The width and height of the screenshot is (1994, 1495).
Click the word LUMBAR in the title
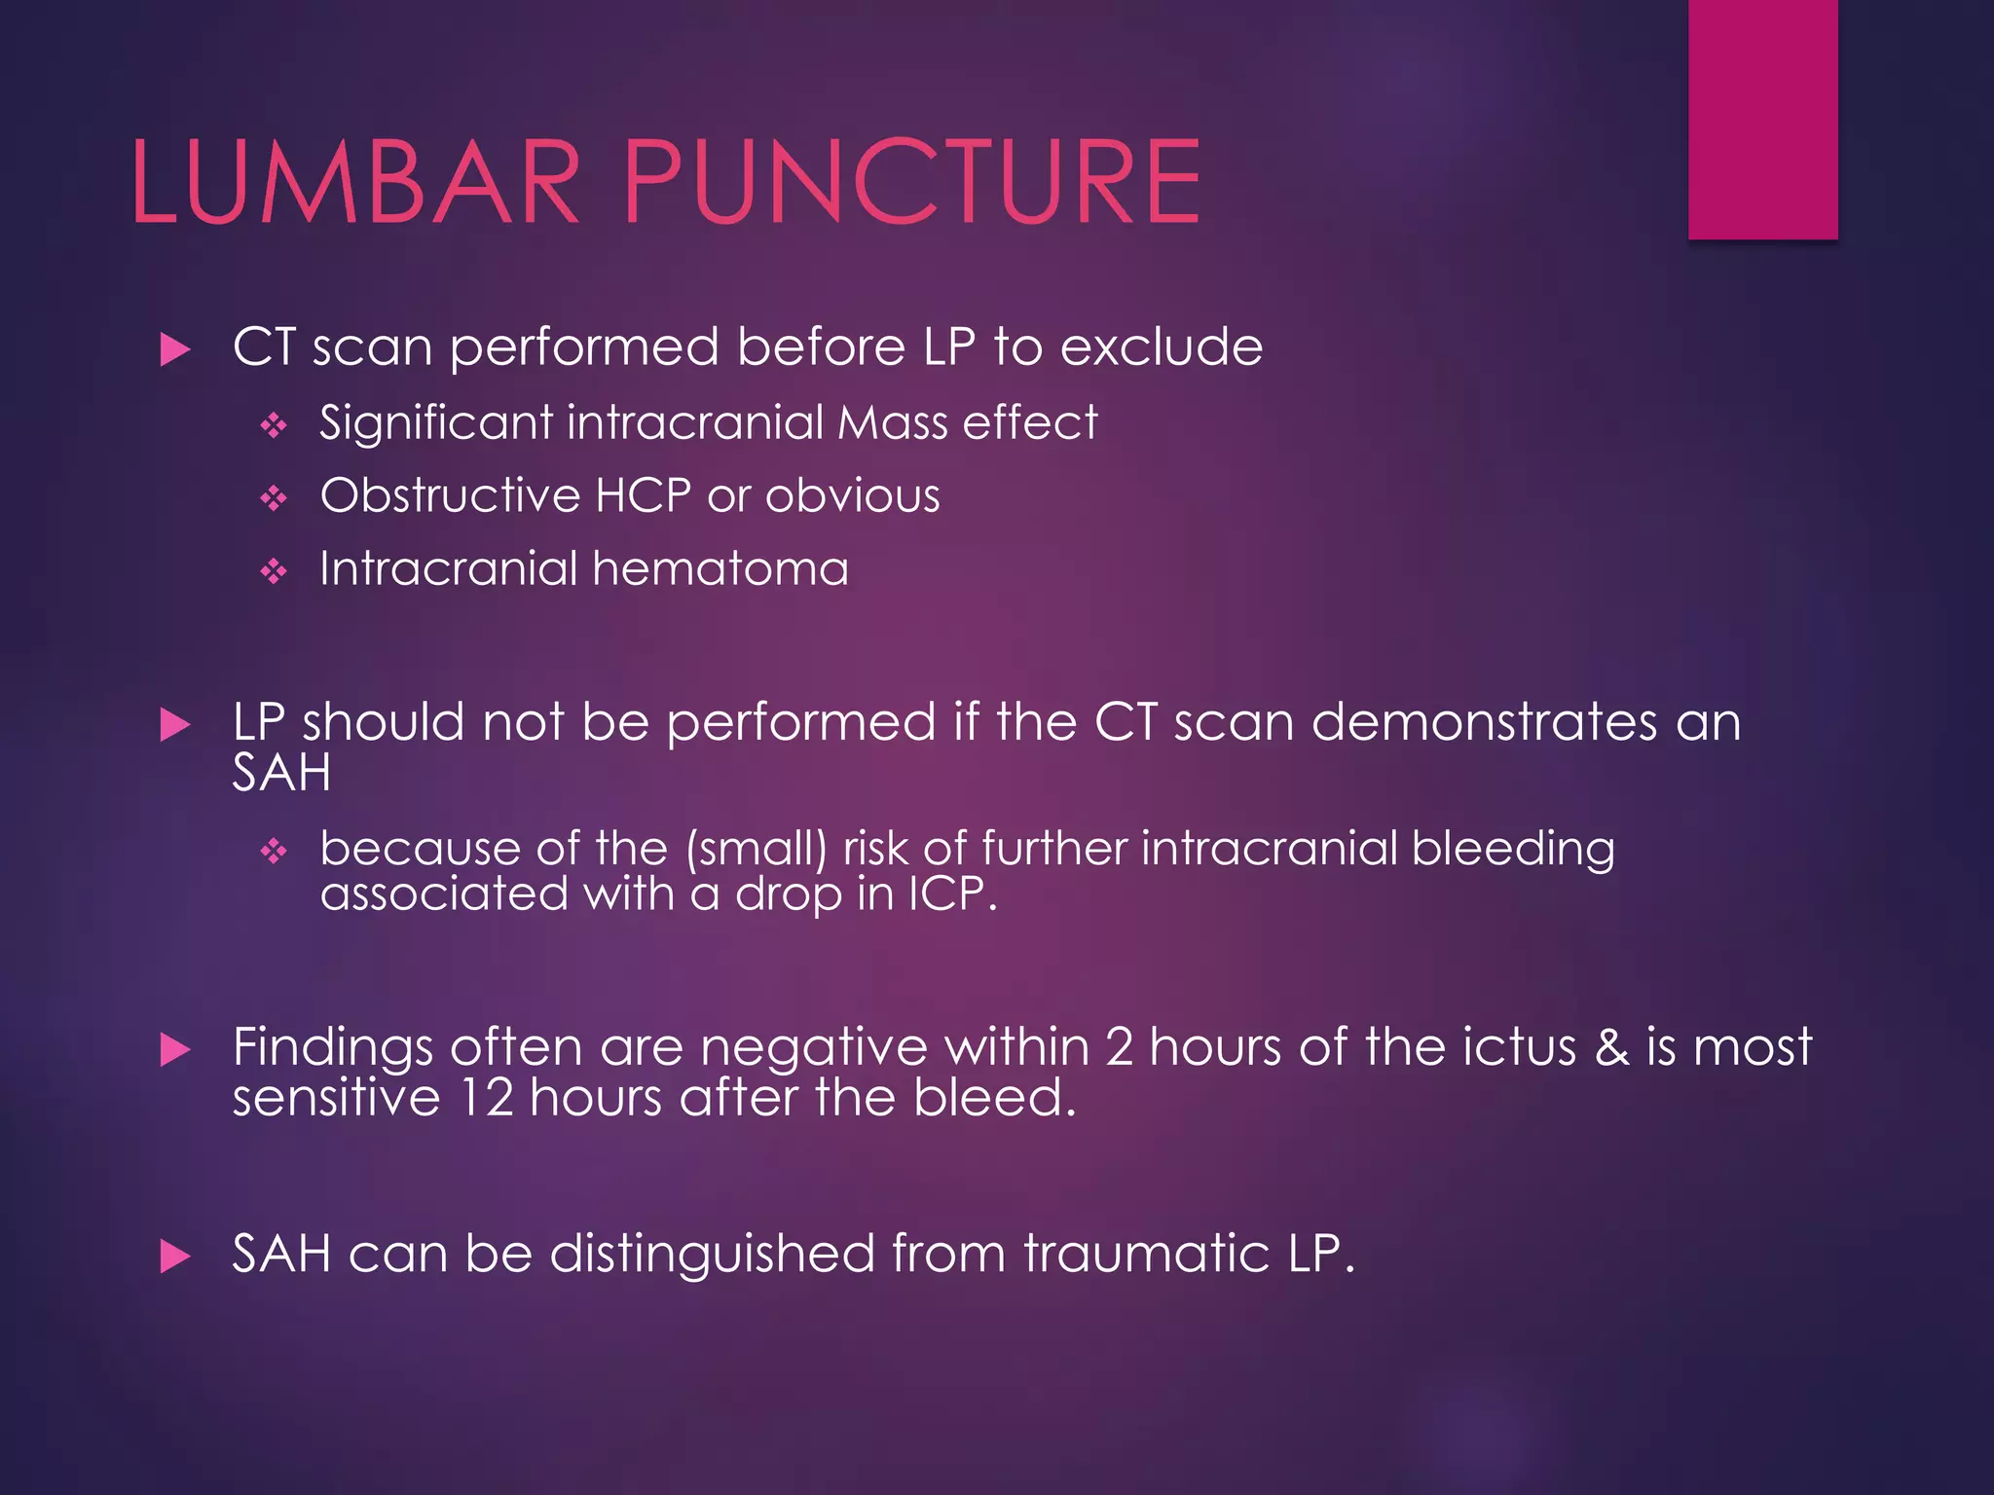pos(355,182)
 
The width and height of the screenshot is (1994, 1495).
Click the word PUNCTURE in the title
pos(911,182)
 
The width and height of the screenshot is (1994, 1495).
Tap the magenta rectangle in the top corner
pos(1762,119)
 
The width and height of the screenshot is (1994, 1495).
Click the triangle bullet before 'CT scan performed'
pos(175,349)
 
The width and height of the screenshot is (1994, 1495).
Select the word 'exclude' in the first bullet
pos(1161,347)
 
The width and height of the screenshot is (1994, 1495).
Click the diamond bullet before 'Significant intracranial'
pos(274,425)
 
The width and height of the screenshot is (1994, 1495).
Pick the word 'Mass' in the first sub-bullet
pos(892,423)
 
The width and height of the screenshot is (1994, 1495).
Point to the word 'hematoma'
pos(720,568)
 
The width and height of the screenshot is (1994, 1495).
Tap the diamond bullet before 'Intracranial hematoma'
pos(274,571)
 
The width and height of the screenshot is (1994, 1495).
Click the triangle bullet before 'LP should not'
pos(175,724)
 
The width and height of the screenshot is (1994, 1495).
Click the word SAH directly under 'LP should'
pos(281,774)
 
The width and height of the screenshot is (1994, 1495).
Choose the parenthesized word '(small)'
pos(757,849)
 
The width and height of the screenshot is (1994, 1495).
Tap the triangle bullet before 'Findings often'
pos(175,1050)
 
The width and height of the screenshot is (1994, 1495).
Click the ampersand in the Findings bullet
pos(1611,1048)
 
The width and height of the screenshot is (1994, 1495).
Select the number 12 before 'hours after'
pos(486,1098)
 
